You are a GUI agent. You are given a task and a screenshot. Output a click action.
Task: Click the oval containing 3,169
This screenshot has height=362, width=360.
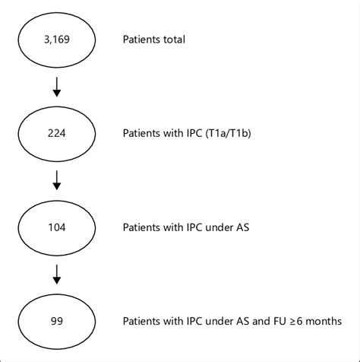click(57, 40)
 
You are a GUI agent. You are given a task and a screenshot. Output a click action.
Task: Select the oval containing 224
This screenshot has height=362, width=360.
click(57, 132)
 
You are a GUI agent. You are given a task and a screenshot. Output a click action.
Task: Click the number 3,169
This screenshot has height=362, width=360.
click(57, 40)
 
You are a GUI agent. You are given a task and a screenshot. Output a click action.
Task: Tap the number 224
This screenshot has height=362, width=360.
click(57, 132)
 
